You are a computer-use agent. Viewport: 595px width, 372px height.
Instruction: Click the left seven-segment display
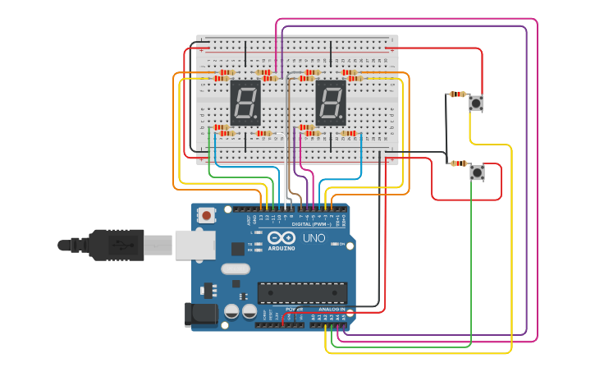pyautogui.click(x=245, y=103)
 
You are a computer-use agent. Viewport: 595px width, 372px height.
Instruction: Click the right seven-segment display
pyautogui.click(x=331, y=103)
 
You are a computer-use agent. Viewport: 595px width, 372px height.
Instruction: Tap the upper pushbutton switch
pyautogui.click(x=476, y=103)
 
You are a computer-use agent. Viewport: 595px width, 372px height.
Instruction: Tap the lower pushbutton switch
pyautogui.click(x=477, y=172)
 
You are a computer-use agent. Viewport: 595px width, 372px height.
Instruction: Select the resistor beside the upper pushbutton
pyautogui.click(x=457, y=94)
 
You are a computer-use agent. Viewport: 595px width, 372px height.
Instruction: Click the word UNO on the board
pyautogui.click(x=314, y=237)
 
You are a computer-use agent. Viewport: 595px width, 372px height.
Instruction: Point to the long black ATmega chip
pyautogui.click(x=302, y=292)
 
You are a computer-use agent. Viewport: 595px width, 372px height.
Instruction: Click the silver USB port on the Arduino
pyautogui.click(x=195, y=245)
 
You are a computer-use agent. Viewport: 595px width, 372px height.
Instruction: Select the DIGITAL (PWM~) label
pyautogui.click(x=313, y=223)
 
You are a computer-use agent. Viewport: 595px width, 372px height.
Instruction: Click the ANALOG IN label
pyautogui.click(x=332, y=309)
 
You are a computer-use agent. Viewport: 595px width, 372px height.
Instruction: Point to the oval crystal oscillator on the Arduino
pyautogui.click(x=235, y=269)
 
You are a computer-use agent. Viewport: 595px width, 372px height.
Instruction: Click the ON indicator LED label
pyautogui.click(x=341, y=244)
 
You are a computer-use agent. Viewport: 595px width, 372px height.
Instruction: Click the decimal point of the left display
pyautogui.click(x=258, y=120)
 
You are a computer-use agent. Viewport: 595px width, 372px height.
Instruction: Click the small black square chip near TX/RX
pyautogui.click(x=238, y=248)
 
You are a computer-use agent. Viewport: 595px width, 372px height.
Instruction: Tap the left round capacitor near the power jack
pyautogui.click(x=231, y=311)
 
